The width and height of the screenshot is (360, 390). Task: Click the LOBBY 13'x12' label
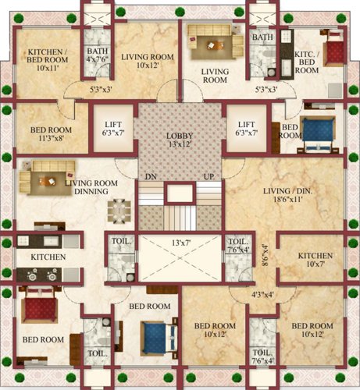(180, 139)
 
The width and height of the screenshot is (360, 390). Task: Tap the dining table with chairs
(118, 210)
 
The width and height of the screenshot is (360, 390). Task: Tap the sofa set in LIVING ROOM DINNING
(45, 178)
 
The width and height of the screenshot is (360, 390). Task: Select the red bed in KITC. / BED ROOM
(334, 49)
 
